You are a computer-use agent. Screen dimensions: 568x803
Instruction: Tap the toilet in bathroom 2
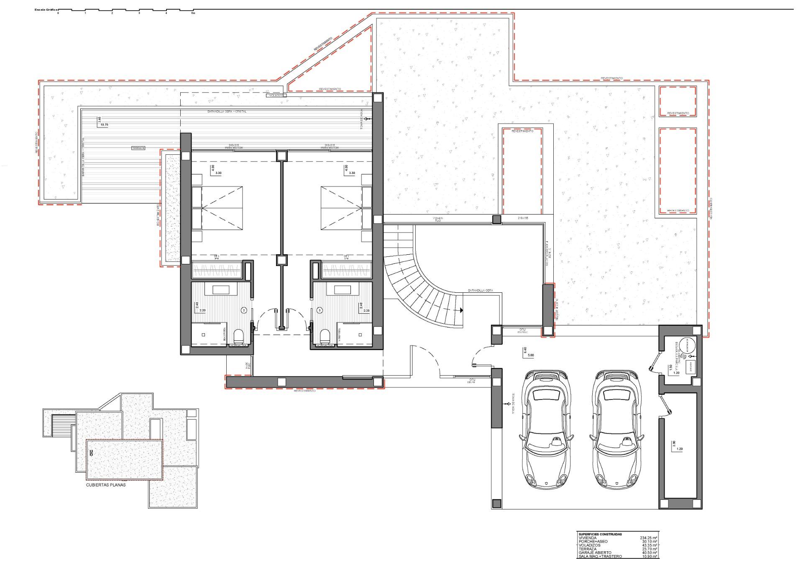[239, 336]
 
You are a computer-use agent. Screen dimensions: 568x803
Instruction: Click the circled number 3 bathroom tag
[320, 310]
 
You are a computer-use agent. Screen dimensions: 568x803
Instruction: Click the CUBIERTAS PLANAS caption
[105, 485]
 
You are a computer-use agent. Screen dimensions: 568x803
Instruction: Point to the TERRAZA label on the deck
[138, 148]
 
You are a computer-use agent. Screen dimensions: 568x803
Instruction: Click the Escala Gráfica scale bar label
[46, 9]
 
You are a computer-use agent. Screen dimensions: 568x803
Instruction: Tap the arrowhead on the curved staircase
[460, 310]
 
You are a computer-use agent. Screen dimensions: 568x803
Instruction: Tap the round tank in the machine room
[686, 345]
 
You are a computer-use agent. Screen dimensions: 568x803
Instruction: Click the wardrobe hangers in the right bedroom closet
[346, 270]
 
